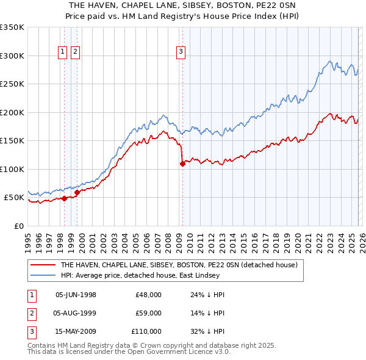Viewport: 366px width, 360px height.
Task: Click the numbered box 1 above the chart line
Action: [x=63, y=52]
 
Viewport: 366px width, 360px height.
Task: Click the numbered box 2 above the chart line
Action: [x=75, y=52]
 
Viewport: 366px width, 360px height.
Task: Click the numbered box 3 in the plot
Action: [x=181, y=52]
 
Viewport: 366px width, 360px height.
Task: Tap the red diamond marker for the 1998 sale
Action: [x=64, y=198]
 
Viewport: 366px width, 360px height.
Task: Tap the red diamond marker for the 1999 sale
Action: [x=77, y=192]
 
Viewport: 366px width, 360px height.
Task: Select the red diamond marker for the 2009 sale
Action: [x=182, y=164]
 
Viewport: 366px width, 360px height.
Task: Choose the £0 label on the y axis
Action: [x=20, y=226]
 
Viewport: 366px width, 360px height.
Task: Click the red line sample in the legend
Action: [x=44, y=265]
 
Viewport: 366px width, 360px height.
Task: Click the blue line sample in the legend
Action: [x=44, y=275]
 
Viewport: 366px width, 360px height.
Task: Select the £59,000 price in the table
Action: [x=148, y=313]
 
